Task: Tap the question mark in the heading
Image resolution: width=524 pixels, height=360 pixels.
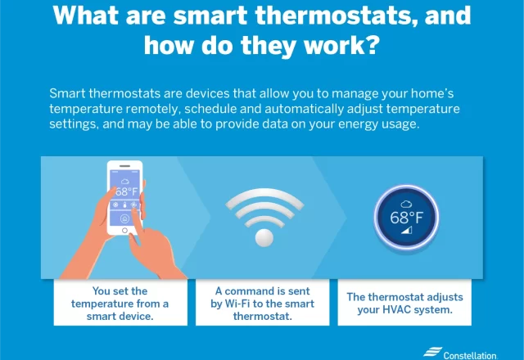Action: (373, 45)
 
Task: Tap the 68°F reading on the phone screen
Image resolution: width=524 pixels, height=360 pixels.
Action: (127, 191)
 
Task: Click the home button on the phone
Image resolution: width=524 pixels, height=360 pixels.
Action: (124, 231)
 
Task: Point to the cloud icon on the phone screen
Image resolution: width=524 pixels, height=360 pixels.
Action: (125, 182)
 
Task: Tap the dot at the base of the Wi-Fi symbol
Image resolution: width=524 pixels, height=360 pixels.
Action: (264, 237)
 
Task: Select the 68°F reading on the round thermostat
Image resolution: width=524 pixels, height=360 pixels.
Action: (406, 218)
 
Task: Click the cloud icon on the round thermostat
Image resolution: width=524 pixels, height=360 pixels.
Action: (406, 204)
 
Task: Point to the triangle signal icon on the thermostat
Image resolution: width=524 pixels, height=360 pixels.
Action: (407, 230)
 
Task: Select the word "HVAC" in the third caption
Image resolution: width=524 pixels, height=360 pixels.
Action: (396, 309)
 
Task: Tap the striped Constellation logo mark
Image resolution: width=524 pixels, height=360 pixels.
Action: (432, 352)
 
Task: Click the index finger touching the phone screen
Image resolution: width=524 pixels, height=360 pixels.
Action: (135, 217)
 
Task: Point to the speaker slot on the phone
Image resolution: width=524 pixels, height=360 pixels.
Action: (124, 166)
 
